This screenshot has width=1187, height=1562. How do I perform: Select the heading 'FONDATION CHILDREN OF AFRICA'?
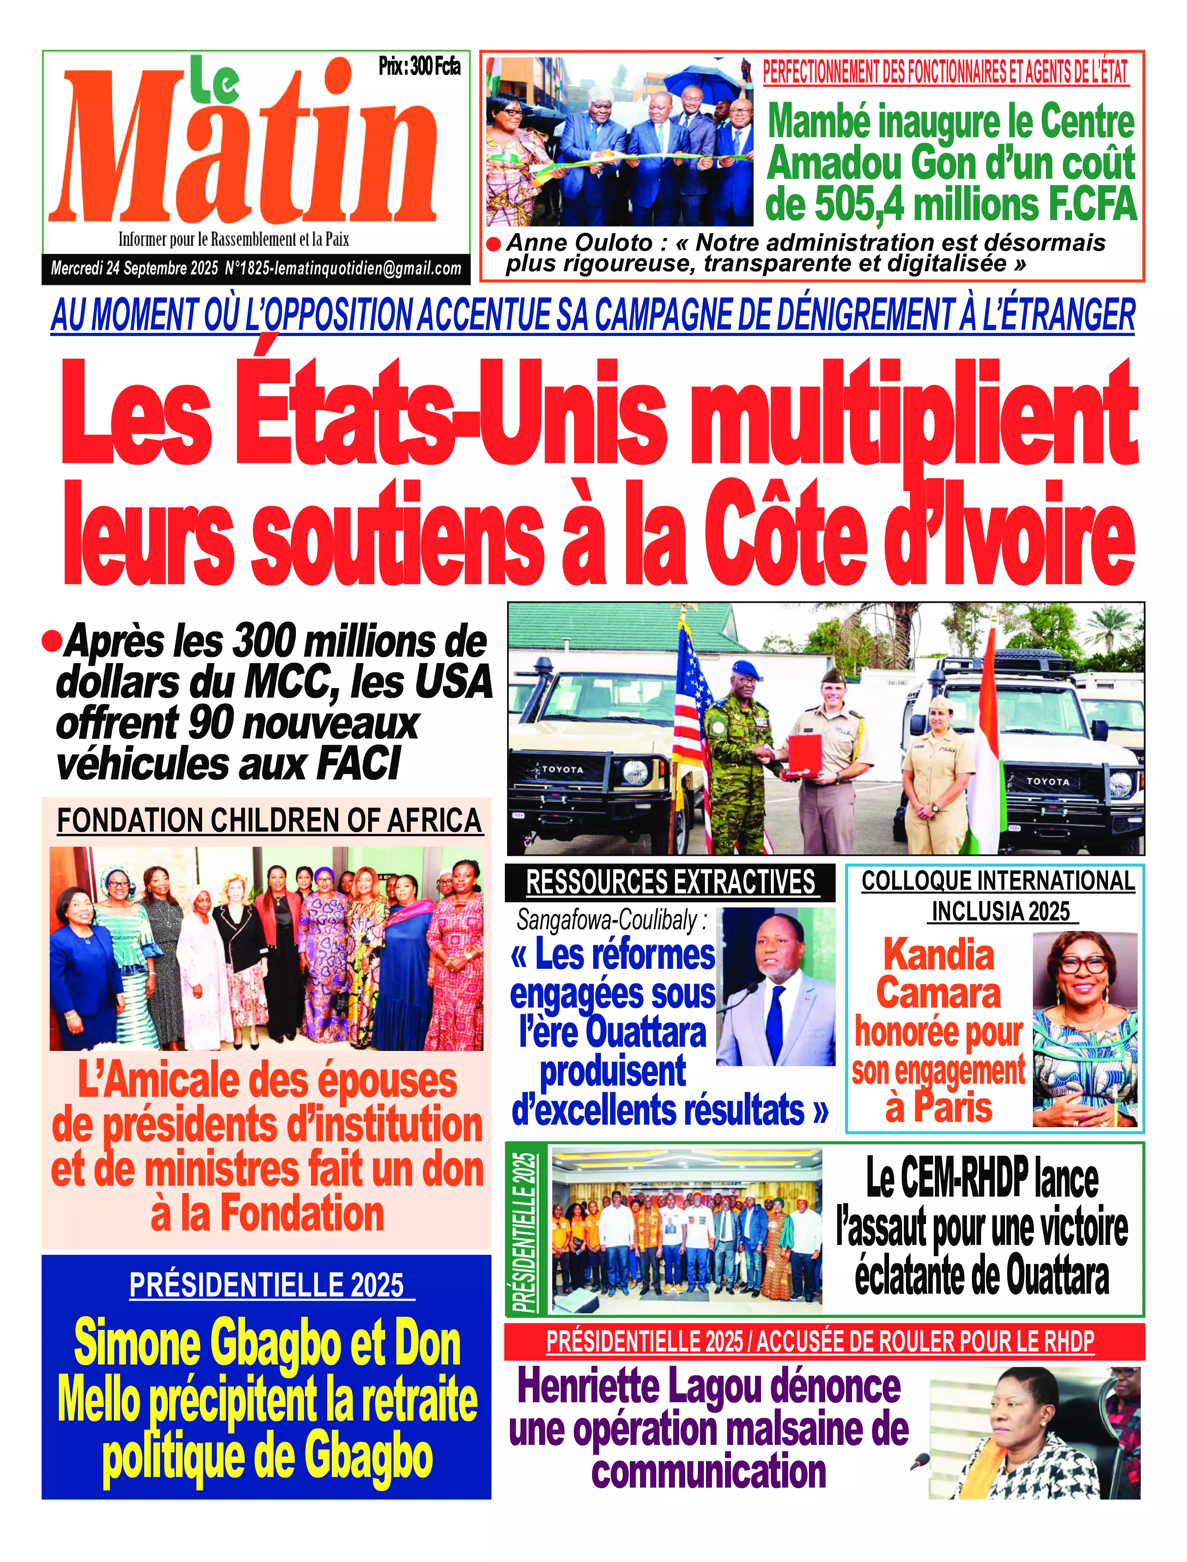[x=269, y=821]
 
